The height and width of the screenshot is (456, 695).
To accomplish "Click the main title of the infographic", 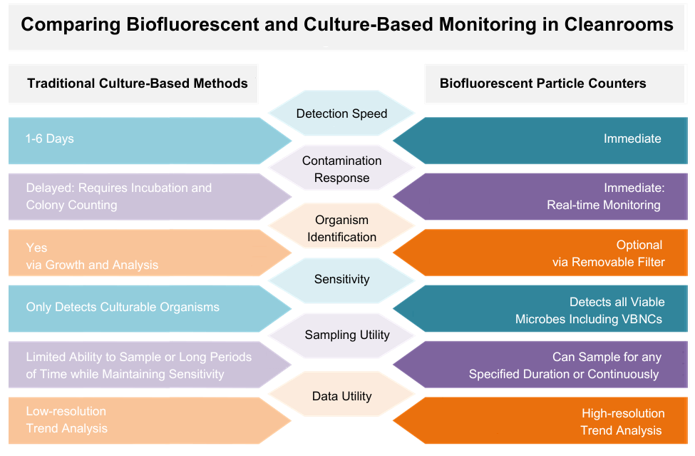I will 347,25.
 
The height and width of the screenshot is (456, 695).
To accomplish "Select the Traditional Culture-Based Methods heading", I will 138,83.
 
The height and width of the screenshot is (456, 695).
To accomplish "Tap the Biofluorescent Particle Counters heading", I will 542,83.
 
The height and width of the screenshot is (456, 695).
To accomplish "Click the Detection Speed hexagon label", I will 341,113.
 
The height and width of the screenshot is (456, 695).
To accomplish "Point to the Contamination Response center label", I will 341,169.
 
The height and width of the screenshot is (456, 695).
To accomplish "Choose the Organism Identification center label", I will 341,228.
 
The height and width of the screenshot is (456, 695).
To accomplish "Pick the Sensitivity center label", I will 341,279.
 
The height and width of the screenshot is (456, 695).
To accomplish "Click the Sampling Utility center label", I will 346,335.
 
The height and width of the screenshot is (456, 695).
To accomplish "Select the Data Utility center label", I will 341,396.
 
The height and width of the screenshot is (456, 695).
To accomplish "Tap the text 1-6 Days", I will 50,138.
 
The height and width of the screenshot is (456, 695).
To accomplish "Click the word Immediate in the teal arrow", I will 632,138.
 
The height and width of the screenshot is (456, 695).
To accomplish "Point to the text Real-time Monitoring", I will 604,205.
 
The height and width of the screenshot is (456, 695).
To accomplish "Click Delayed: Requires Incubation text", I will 118,188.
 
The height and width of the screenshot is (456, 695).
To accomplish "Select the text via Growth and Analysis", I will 92,265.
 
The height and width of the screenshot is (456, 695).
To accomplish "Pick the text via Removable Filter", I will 608,262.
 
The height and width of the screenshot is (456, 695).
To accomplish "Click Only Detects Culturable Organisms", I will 123,307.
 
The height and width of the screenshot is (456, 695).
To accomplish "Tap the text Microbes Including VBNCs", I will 588,319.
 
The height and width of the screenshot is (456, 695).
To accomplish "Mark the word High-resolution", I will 623,413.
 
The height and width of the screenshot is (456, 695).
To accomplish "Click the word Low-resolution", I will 66,411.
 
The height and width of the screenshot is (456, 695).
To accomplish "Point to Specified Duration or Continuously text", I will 563,374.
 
